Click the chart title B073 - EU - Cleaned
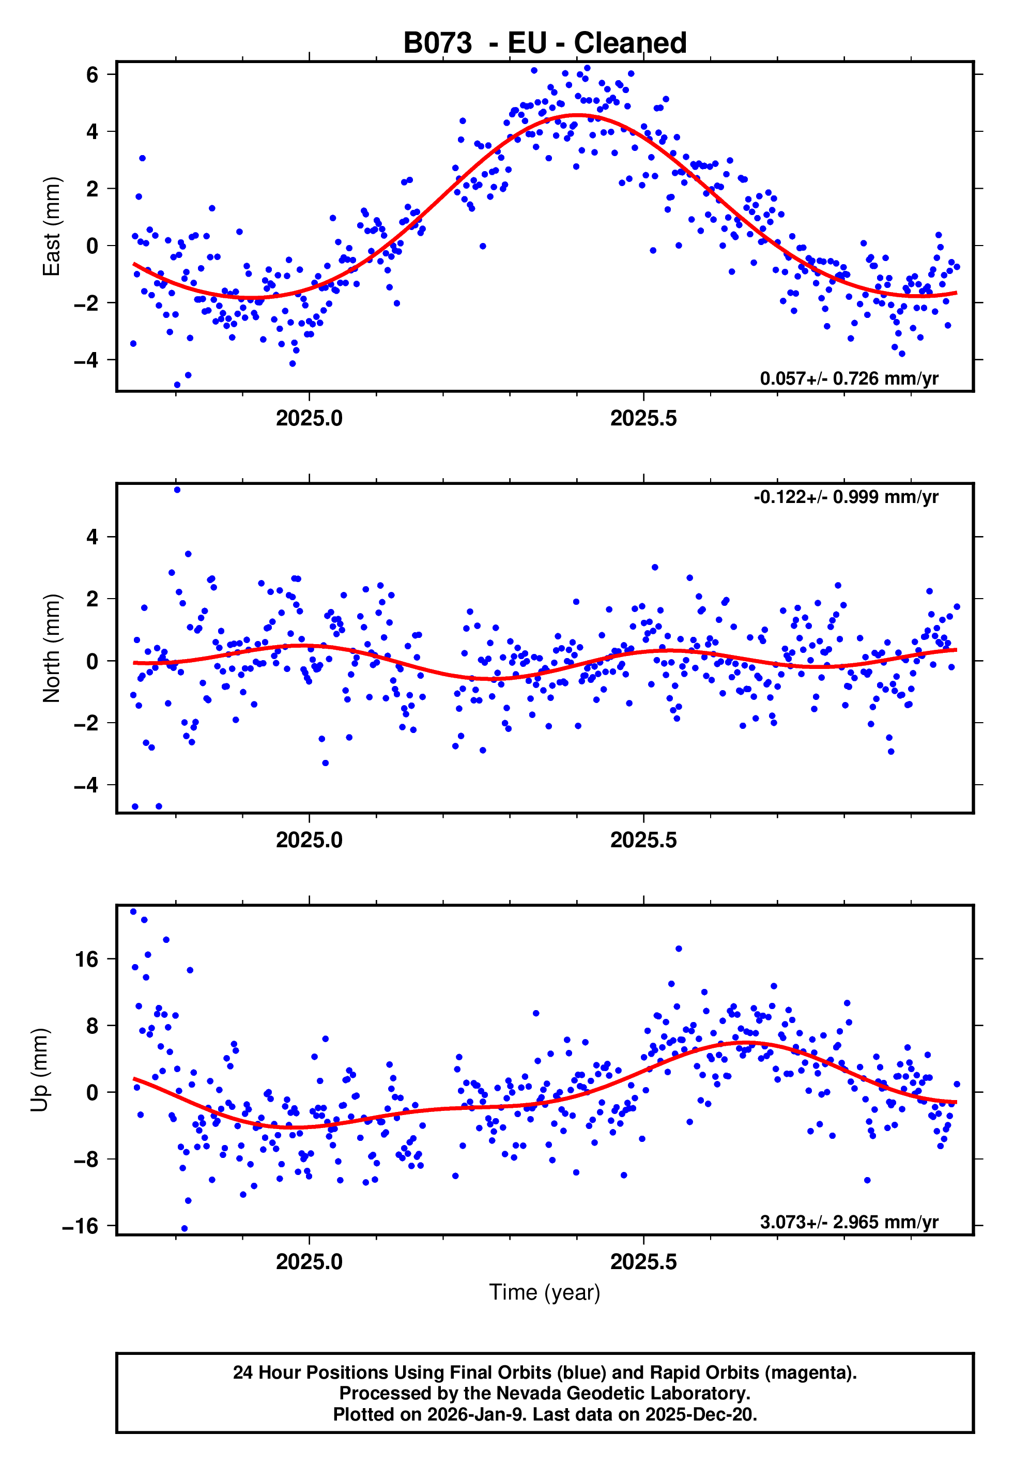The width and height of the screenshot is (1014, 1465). pos(545,43)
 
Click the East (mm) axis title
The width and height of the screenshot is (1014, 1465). pos(51,226)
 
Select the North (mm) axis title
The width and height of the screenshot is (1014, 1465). pos(51,648)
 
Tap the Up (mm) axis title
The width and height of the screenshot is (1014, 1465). pos(39,1070)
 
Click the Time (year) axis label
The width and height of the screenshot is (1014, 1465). pos(545,1292)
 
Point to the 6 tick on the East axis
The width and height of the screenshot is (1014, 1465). pos(92,75)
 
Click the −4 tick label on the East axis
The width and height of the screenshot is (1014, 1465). pos(86,360)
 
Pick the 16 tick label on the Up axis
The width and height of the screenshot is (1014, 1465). pos(86,959)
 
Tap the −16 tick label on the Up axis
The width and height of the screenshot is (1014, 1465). pos(80,1226)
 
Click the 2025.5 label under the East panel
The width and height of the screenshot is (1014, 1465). pos(643,418)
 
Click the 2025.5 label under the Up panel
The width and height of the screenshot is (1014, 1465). pos(643,1262)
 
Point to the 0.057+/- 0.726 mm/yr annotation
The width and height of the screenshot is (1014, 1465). pos(848,378)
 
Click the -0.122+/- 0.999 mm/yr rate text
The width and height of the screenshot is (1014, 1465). pos(845,497)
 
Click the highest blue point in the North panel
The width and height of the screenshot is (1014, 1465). pos(177,490)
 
